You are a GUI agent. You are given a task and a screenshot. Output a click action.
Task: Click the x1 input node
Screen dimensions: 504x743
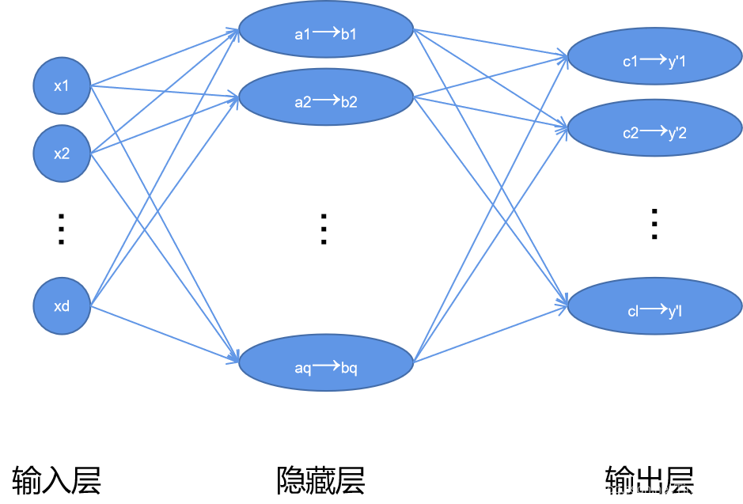[x=62, y=85]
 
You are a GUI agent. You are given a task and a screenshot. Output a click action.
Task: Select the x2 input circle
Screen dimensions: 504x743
[x=62, y=153]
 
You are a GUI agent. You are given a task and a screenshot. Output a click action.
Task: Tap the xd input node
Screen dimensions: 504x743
[x=62, y=305]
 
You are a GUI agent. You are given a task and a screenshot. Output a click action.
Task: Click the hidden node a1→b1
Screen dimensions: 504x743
[x=326, y=31]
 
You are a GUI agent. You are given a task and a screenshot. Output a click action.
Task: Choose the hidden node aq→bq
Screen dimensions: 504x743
[x=326, y=365]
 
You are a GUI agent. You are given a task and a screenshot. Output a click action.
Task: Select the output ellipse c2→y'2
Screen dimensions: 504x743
[x=654, y=131]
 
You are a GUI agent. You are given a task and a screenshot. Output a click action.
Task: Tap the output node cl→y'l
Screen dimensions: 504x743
[x=654, y=310]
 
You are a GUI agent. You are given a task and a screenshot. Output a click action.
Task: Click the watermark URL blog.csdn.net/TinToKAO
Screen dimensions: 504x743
[x=648, y=489]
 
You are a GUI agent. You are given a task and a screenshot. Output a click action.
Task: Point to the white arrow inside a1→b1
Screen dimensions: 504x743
[x=326, y=32]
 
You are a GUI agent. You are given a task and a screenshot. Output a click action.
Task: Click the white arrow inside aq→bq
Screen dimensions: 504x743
[x=326, y=366]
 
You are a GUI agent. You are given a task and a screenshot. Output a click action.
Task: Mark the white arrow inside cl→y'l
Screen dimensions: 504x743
[x=654, y=309]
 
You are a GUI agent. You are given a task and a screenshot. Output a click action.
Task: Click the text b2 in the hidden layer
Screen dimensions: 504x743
[x=350, y=102]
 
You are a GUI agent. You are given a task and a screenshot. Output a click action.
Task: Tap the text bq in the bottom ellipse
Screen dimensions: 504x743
[x=350, y=369]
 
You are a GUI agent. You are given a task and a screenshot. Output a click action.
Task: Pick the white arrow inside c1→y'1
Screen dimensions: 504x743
[x=654, y=58]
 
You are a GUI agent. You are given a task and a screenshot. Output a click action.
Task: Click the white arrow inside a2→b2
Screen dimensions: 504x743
[x=326, y=100]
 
